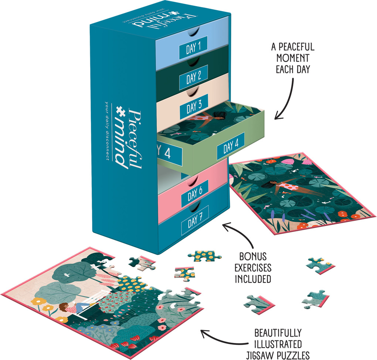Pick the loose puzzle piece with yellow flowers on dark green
point(204,255)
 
